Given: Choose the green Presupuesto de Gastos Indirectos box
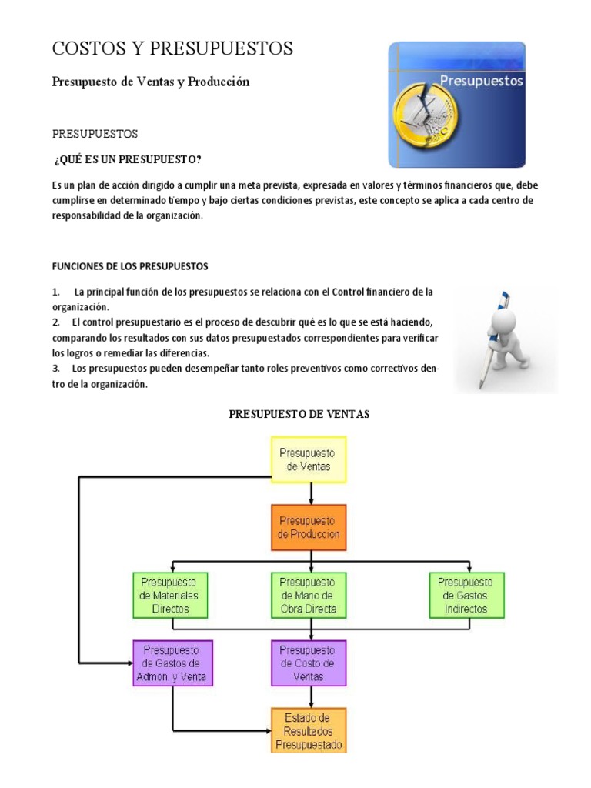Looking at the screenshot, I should tap(466, 594).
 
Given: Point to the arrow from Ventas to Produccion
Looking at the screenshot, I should tap(310, 492).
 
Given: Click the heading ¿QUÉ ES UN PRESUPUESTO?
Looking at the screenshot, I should tap(128, 159).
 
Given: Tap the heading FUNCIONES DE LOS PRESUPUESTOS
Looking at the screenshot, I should tap(130, 266).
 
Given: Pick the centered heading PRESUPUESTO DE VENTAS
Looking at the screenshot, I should tap(299, 414).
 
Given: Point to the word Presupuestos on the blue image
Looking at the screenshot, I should tap(481, 80).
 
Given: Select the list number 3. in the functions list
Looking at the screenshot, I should tap(56, 368).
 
